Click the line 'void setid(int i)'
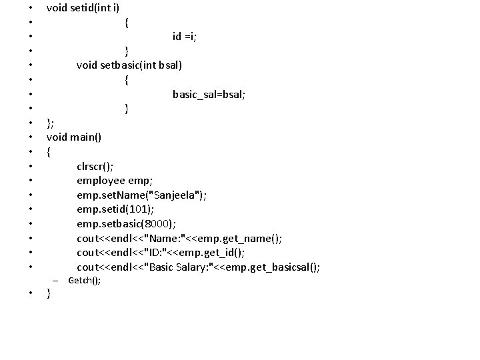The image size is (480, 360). point(83,8)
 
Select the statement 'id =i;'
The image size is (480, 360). point(184,36)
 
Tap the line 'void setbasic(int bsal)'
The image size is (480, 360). point(129,65)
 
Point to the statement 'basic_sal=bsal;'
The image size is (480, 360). point(209,94)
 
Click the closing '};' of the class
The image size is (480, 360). point(50,123)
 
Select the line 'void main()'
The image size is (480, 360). point(74,137)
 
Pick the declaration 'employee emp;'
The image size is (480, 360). point(115,181)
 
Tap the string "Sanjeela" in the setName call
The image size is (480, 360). point(175,195)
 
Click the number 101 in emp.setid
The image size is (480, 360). point(139,210)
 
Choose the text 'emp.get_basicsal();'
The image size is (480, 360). point(275,267)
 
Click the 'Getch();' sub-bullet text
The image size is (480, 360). point(85,281)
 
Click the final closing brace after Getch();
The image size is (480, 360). point(49,294)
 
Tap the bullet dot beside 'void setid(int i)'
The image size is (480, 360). point(30,9)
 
